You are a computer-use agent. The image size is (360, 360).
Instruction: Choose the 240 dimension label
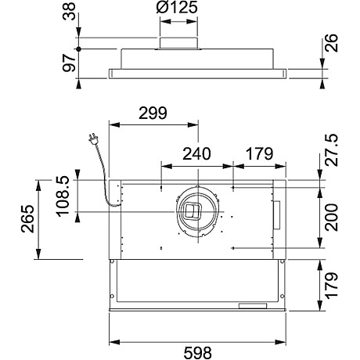click(x=196, y=153)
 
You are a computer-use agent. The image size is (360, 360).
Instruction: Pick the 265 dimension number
click(x=26, y=220)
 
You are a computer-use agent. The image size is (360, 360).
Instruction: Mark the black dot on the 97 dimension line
click(x=81, y=49)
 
